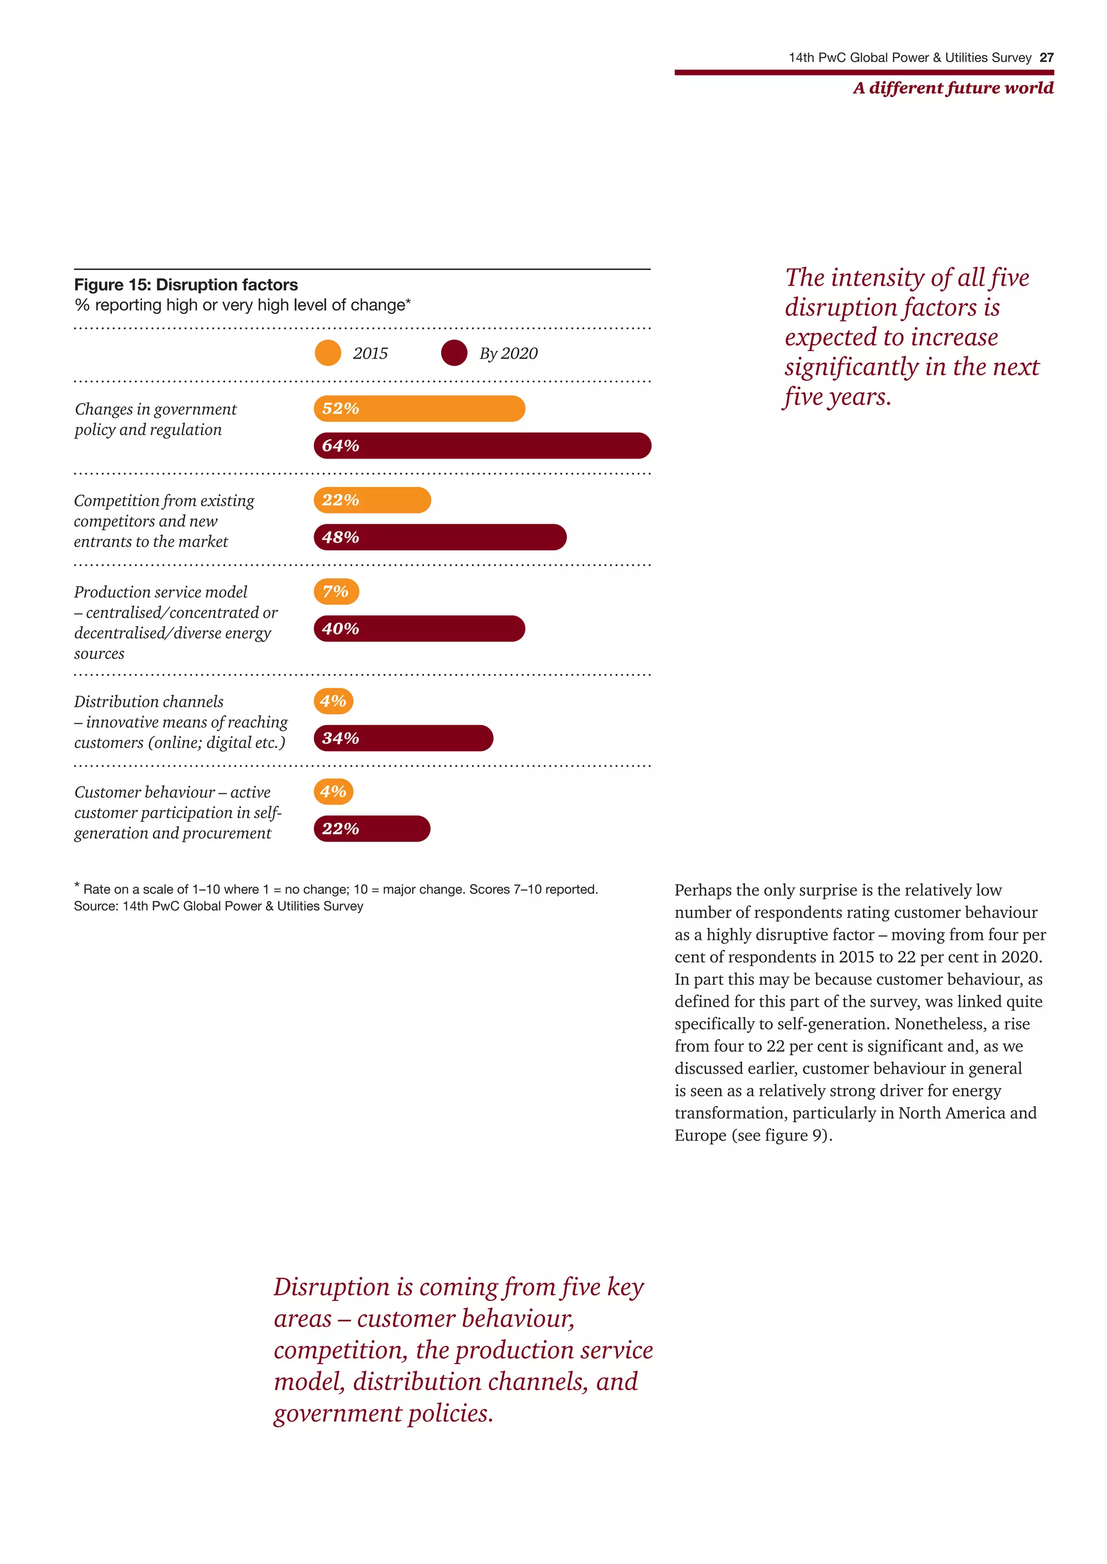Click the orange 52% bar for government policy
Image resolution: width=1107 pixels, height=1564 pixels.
tap(419, 409)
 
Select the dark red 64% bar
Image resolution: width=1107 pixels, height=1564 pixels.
tap(482, 446)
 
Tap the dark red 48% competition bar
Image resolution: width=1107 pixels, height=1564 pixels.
tap(439, 537)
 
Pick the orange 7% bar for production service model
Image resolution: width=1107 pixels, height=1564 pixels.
tap(336, 591)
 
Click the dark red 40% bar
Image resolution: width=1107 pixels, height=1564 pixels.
tap(419, 628)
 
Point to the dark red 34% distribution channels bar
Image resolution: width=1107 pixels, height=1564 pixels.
tap(403, 738)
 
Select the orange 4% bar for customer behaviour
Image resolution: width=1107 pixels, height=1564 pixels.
tap(334, 792)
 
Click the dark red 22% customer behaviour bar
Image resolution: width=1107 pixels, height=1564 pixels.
tap(371, 828)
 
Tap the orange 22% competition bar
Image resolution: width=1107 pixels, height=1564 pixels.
tap(372, 500)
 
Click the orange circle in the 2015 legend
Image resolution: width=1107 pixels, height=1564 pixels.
tap(328, 353)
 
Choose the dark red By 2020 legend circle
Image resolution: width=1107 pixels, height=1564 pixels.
tap(454, 353)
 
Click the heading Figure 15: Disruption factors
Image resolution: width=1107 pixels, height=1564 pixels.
tap(185, 285)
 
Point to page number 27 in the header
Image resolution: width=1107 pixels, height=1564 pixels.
tap(1046, 58)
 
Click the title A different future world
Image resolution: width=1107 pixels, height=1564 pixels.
tap(952, 88)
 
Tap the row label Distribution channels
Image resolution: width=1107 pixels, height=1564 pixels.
tap(149, 702)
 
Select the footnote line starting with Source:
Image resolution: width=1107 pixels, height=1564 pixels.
tap(218, 906)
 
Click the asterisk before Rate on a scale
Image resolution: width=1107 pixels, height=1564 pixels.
tap(77, 886)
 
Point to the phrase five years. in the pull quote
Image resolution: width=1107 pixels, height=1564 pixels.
tap(837, 396)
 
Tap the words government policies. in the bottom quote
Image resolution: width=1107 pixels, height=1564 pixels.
tap(383, 1413)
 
